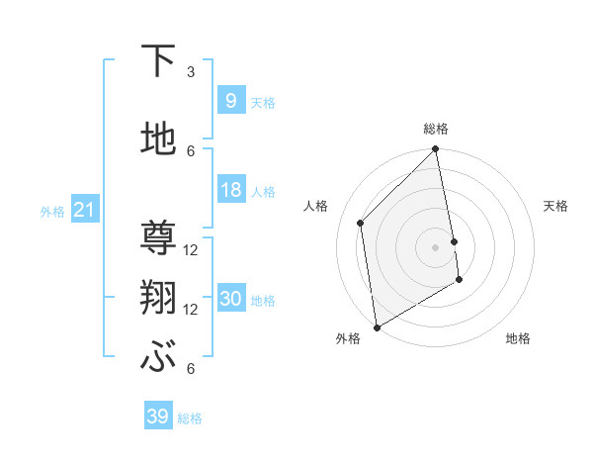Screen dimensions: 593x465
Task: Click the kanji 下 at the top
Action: pos(158,62)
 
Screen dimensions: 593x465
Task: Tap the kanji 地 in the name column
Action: pos(158,140)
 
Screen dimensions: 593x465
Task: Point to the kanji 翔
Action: pos(158,298)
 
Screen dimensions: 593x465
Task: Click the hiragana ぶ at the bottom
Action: pos(158,358)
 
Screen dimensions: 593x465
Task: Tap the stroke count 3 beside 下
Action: pos(191,72)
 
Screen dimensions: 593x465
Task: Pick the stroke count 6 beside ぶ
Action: pos(191,369)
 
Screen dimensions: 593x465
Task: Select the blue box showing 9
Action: pos(230,100)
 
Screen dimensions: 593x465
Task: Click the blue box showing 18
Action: pos(230,190)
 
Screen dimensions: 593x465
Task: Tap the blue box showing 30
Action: pos(230,299)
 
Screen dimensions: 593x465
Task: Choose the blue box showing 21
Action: pos(84,210)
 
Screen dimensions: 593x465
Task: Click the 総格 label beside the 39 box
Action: pos(191,418)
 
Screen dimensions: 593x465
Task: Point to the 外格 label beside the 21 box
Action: pos(52,211)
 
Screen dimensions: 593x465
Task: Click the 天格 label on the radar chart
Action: pos(555,206)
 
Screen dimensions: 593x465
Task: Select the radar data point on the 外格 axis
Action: pos(377,326)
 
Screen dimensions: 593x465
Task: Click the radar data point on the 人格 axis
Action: pos(361,223)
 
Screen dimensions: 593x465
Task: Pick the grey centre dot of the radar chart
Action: pos(436,246)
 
